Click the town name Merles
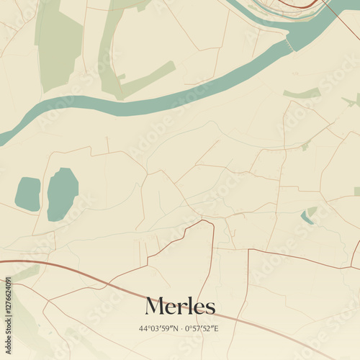[180, 306]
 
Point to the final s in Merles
[210, 308]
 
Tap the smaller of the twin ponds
[28, 194]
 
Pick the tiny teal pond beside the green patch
[307, 218]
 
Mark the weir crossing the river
[290, 46]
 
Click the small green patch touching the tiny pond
[311, 211]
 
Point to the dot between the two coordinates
[180, 329]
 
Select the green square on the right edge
[356, 192]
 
